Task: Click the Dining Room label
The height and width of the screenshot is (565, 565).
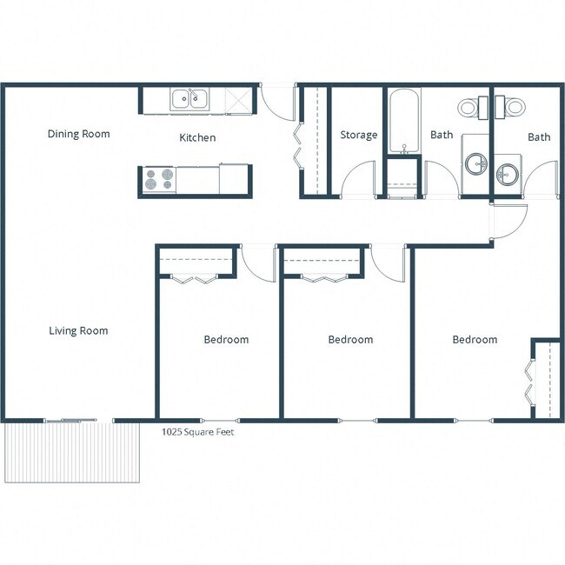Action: click(78, 134)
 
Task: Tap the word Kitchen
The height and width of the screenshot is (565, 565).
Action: click(197, 137)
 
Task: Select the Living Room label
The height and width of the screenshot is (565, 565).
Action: click(78, 330)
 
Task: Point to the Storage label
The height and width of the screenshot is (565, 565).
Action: click(358, 135)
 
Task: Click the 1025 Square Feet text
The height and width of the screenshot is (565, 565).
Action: click(197, 431)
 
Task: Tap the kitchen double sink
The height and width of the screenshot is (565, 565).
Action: click(189, 99)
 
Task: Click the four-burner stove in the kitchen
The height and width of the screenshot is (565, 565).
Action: click(158, 180)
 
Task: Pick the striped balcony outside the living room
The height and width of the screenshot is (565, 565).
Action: click(71, 452)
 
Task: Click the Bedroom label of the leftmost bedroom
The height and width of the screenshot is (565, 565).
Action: click(226, 339)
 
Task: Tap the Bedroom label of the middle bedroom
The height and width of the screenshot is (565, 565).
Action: click(350, 339)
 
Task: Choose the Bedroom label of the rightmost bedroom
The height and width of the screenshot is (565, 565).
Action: click(475, 339)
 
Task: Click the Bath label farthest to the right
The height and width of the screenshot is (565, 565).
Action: click(539, 136)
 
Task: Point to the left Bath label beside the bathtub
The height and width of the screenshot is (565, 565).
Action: click(442, 135)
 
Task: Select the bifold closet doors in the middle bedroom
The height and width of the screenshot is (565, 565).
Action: click(320, 278)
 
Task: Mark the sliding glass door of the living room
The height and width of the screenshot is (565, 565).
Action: click(71, 421)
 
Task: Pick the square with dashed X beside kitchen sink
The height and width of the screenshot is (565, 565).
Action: click(236, 99)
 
